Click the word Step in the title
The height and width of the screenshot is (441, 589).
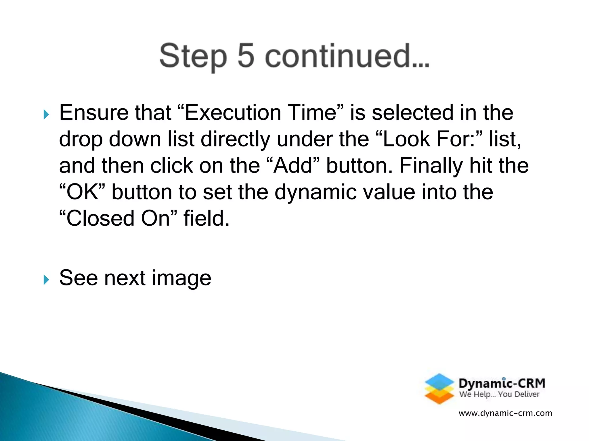click(193, 56)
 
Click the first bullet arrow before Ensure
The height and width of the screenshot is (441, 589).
click(46, 115)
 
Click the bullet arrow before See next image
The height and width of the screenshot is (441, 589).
click(46, 280)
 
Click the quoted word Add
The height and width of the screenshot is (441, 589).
click(293, 166)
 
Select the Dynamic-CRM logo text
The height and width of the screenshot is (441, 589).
click(502, 383)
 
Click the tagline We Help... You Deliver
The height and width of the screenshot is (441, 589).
click(499, 394)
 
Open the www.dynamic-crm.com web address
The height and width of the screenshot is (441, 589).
click(505, 413)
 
